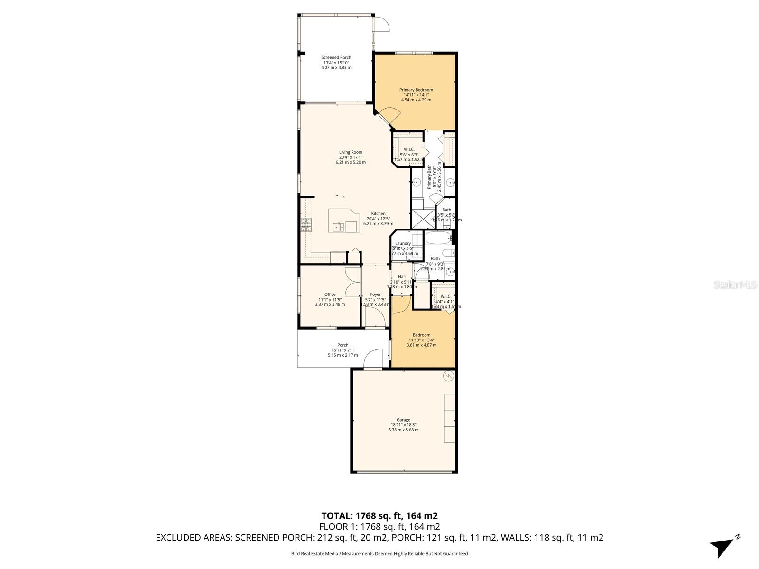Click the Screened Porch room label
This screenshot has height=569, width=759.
336,57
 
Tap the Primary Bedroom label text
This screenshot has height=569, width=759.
416,90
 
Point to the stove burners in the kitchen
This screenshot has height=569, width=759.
306,224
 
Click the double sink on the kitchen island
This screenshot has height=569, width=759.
339,227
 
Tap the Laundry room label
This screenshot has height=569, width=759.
403,243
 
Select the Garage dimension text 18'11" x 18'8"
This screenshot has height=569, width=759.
404,425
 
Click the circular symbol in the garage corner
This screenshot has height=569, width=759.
448,376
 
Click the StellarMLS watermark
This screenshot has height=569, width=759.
736,285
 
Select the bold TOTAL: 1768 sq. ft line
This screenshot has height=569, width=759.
379,515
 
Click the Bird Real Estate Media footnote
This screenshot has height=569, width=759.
379,553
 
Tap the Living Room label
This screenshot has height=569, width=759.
351,152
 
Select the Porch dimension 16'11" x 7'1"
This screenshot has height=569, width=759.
343,350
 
